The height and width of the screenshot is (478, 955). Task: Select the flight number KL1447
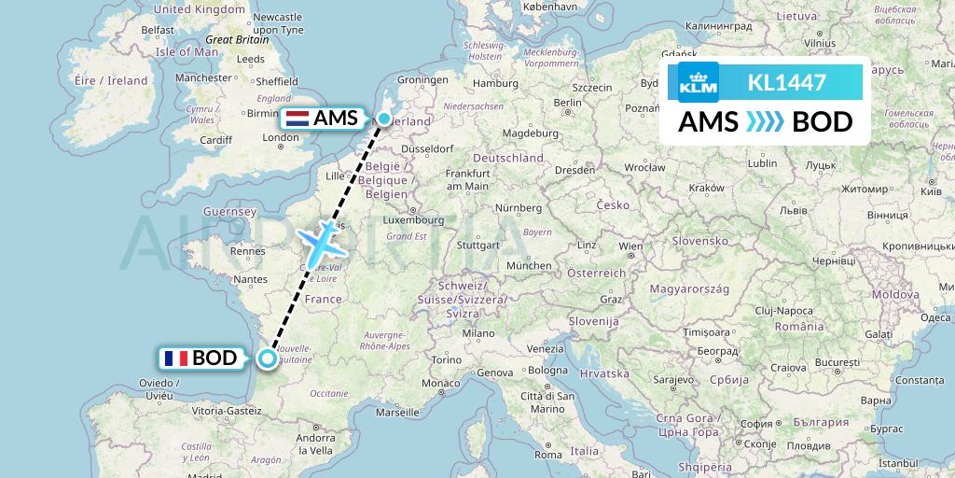coord(786,83)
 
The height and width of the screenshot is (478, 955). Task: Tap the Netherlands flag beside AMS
coord(298,119)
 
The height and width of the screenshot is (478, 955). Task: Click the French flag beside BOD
coord(175,358)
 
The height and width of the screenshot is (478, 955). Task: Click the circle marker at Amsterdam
coord(384,119)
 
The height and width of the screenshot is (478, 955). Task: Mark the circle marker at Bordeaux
coord(268,358)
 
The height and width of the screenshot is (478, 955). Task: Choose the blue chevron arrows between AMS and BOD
coord(764,122)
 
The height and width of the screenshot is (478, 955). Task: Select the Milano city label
coord(481,333)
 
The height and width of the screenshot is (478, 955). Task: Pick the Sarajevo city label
coord(671,380)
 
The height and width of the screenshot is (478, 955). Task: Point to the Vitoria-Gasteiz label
coord(227,410)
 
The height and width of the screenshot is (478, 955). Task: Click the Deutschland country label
coord(507,158)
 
